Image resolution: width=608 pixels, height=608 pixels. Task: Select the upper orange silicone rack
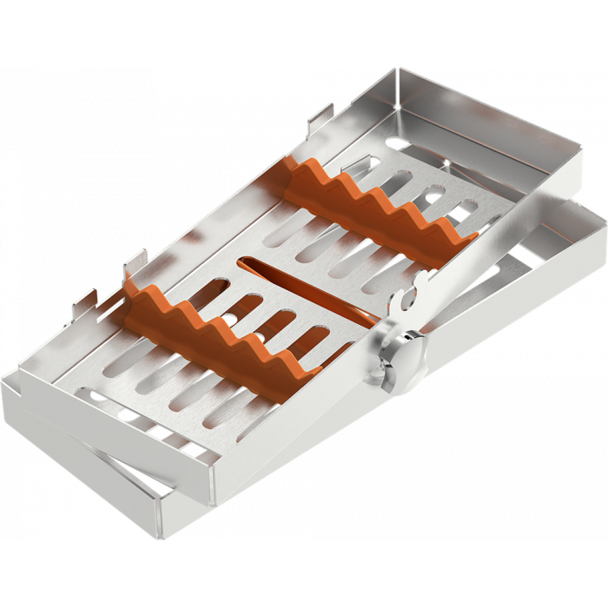click(382, 208)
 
